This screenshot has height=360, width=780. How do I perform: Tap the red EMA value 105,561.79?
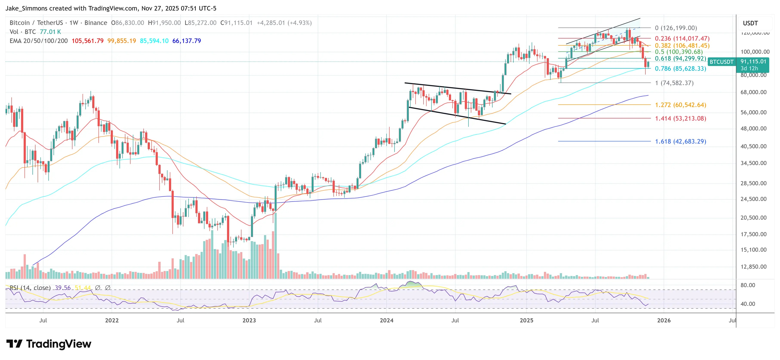click(88, 41)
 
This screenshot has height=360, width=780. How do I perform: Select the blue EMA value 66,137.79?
click(187, 41)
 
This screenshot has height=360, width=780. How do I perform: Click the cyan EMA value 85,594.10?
click(154, 41)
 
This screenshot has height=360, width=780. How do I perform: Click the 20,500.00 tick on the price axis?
click(753, 218)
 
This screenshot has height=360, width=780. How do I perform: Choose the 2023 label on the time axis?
click(249, 320)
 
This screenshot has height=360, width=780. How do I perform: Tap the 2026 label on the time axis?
click(664, 320)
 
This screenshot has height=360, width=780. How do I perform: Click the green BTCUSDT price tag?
click(722, 62)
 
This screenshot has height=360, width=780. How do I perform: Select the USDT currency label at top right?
click(750, 23)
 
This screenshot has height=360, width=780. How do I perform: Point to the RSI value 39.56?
click(63, 288)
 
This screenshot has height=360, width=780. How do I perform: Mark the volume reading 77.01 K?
click(50, 32)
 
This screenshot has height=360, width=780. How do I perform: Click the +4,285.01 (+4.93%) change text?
click(284, 23)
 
